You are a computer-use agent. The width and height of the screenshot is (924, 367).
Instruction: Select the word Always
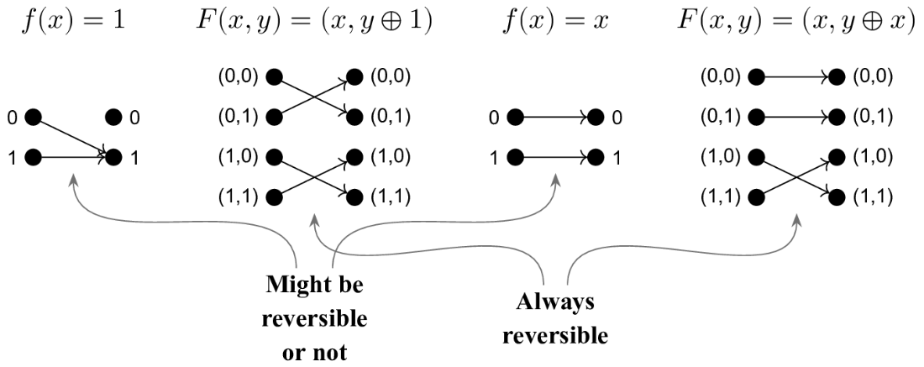(555, 302)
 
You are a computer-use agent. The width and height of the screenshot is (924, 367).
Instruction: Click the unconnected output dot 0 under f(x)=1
(113, 118)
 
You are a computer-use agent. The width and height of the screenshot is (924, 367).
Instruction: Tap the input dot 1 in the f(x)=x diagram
(514, 157)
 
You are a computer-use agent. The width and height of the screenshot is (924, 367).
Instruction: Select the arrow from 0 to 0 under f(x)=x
(555, 118)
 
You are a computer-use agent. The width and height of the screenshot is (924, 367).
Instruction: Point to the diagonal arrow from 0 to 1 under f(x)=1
(71, 136)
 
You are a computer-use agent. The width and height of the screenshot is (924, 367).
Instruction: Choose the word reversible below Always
(555, 335)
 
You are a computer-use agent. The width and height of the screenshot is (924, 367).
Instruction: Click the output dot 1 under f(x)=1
(113, 157)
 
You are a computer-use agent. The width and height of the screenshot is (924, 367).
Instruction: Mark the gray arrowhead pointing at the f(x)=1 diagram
(74, 179)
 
